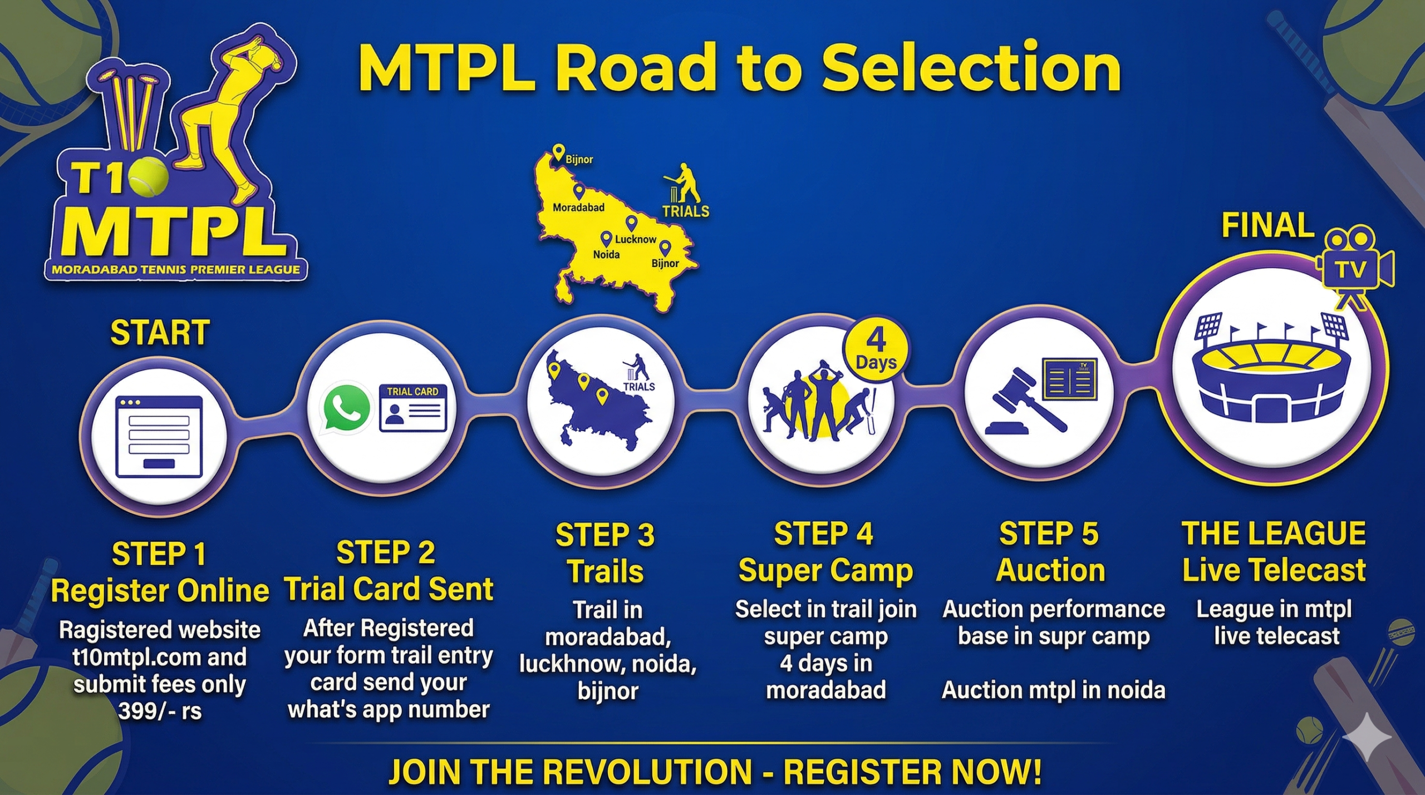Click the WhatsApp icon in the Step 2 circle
(345, 408)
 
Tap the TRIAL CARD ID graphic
(412, 408)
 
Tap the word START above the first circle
(160, 333)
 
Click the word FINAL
(1267, 225)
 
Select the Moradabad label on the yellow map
(578, 208)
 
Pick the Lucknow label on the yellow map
(636, 239)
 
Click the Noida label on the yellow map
(606, 254)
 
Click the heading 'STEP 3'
(605, 535)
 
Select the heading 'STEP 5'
(1049, 534)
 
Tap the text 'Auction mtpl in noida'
(1053, 690)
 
